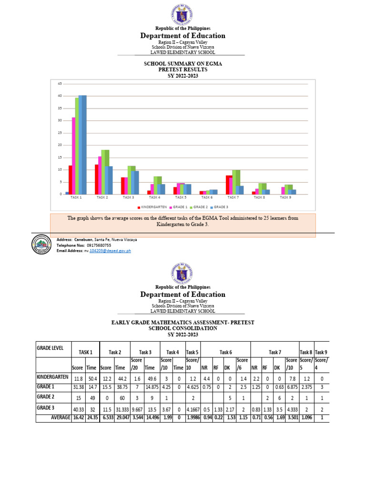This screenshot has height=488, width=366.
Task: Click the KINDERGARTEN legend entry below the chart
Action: [152, 207]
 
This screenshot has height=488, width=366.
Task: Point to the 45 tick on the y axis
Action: [60, 84]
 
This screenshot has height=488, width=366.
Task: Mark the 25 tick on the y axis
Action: [60, 133]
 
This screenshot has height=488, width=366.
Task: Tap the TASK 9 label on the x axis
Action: [285, 197]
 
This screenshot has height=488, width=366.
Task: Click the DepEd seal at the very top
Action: [183, 14]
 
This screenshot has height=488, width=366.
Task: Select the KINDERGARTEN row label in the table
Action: [53, 376]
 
